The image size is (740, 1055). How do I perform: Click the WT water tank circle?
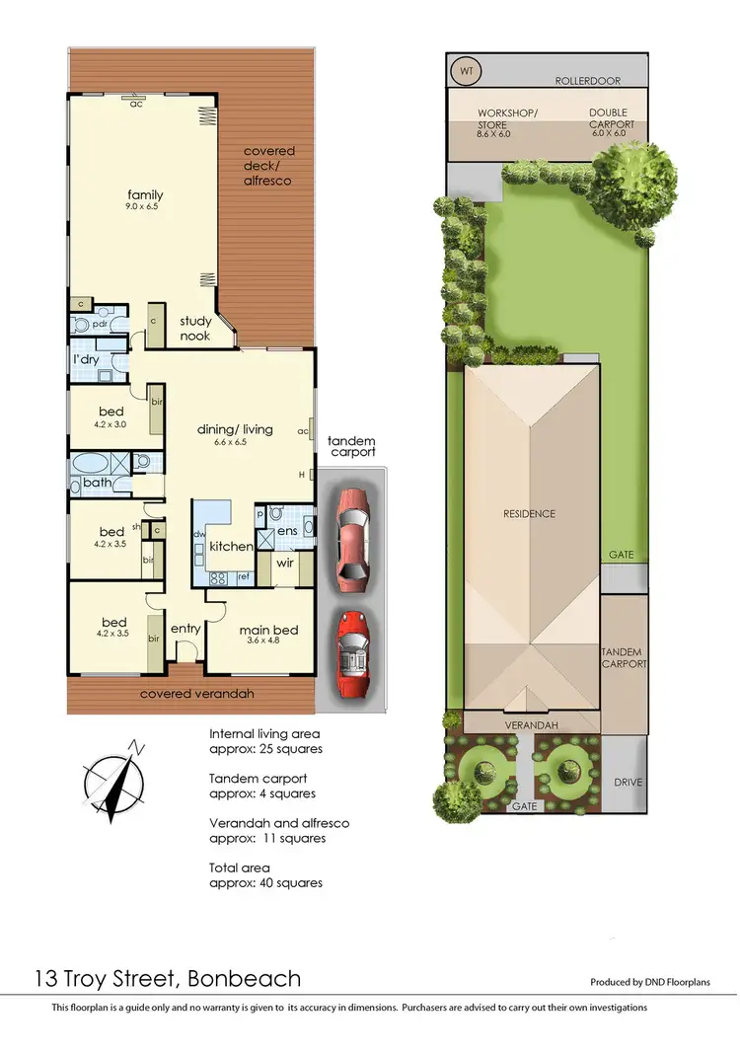click(x=465, y=73)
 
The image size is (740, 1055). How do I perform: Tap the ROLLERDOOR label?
click(x=586, y=80)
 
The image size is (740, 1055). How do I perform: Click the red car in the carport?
click(x=351, y=537)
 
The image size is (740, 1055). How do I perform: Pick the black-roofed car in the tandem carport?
click(x=352, y=654)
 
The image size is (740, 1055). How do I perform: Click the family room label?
click(x=143, y=195)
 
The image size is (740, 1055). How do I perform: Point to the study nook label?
click(x=194, y=328)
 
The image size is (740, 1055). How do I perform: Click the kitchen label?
click(x=230, y=546)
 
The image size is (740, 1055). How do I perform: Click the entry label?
click(x=185, y=628)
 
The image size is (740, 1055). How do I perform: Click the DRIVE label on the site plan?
click(x=627, y=783)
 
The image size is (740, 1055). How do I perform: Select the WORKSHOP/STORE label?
click(x=507, y=119)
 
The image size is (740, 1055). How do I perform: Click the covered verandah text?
click(x=196, y=694)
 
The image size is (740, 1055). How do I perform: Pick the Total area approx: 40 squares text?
click(x=265, y=875)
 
